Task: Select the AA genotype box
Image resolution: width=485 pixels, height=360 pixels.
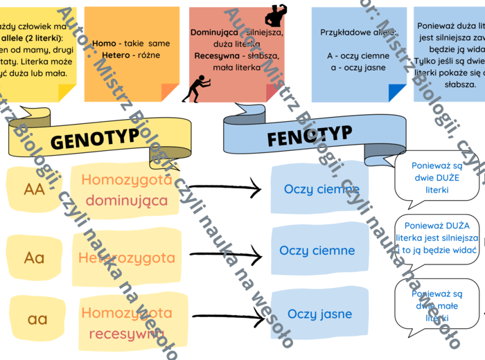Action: [x=34, y=188]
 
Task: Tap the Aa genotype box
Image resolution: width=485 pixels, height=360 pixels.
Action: [x=34, y=258]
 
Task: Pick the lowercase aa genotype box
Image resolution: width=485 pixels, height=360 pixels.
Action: [x=37, y=319]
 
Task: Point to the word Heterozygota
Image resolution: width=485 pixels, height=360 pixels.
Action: [x=126, y=258]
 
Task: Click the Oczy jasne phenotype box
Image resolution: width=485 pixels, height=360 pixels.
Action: [x=319, y=314]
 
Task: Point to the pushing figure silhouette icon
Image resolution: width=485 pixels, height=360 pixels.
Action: [x=195, y=89]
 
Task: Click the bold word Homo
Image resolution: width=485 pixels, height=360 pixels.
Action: [x=104, y=43]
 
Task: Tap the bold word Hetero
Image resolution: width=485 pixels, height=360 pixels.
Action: [x=116, y=55]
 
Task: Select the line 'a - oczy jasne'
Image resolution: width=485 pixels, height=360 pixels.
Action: [x=357, y=69]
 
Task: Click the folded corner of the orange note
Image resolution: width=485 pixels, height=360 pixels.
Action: [x=170, y=92]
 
